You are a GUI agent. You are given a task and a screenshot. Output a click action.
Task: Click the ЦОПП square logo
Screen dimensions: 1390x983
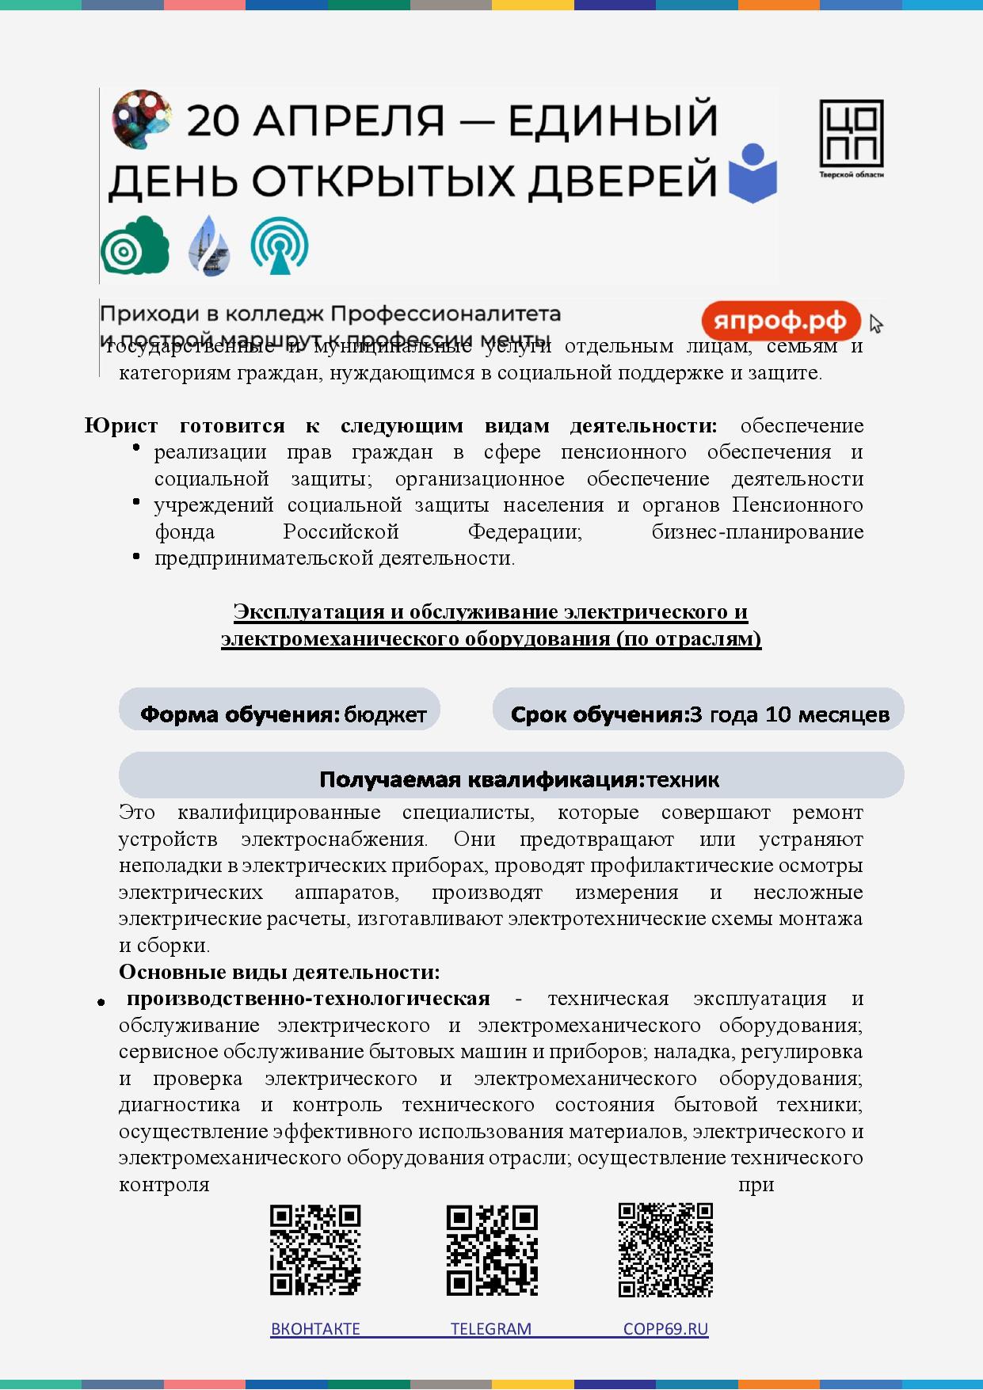tap(852, 135)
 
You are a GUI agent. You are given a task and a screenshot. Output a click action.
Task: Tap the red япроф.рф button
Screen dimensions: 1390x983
tap(780, 322)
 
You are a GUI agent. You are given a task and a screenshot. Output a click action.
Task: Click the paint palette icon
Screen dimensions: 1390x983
tap(141, 118)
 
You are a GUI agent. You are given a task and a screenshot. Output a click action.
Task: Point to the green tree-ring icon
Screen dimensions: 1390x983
tap(135, 246)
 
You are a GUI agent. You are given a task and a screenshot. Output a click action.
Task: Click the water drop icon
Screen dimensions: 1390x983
tap(209, 246)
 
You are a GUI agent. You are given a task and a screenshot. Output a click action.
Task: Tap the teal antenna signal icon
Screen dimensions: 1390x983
tap(279, 246)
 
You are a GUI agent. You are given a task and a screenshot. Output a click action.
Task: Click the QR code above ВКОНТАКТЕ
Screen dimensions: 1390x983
tap(315, 1250)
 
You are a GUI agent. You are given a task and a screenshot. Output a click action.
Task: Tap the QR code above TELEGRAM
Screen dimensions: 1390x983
tap(492, 1250)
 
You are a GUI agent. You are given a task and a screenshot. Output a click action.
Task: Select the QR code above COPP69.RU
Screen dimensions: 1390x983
tap(665, 1250)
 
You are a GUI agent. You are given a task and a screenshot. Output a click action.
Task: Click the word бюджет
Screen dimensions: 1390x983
tap(386, 714)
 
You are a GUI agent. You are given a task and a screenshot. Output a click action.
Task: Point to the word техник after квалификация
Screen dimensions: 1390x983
tap(683, 779)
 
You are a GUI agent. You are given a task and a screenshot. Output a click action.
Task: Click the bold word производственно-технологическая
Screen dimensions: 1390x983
tap(308, 998)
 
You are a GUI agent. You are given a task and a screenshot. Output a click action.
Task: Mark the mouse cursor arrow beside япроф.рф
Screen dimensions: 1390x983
tap(874, 323)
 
